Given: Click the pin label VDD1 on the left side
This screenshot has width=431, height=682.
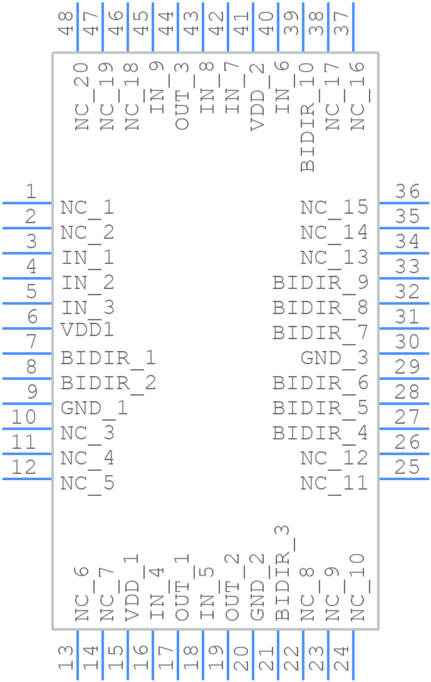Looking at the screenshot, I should click(87, 330).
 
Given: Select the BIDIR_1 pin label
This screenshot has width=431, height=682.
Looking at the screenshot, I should click(108, 359).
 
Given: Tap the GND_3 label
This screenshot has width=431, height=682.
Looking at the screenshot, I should click(334, 359).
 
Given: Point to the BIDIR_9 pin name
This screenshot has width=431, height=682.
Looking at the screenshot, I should click(320, 283).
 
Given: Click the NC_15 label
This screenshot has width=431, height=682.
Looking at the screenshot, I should click(334, 208).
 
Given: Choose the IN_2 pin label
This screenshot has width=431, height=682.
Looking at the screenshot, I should click(87, 283).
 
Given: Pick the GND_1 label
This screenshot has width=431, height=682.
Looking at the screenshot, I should click(94, 409).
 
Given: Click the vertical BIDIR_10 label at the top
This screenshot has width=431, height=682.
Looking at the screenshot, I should click(307, 117).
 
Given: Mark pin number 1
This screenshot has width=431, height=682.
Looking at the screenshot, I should click(30, 191).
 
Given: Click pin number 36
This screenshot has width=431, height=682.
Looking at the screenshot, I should click(407, 191).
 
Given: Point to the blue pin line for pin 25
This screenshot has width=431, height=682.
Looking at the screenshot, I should click(404, 479).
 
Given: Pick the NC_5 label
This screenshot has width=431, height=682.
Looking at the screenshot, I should click(87, 484).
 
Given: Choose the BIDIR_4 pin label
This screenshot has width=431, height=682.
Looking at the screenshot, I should click(320, 434).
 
